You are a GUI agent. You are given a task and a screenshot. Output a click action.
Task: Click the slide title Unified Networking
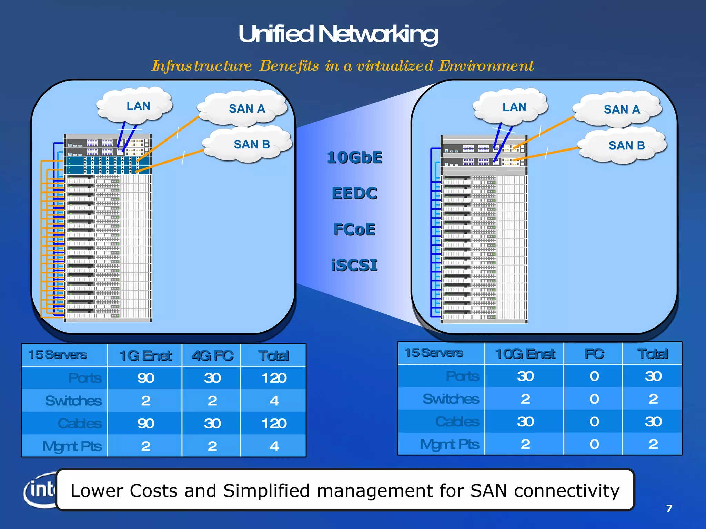(x=338, y=34)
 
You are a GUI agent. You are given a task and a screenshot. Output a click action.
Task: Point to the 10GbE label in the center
(x=354, y=157)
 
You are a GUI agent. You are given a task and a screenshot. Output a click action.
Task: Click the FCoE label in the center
(x=354, y=229)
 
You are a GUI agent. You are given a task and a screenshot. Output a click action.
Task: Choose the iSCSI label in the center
(x=354, y=266)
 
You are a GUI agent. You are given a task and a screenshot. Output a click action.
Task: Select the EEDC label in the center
(x=354, y=193)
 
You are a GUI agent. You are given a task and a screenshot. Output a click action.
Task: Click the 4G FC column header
(x=212, y=355)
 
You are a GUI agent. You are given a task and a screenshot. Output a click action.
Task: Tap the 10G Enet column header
(x=525, y=354)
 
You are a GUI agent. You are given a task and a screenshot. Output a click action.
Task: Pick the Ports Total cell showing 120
(x=274, y=378)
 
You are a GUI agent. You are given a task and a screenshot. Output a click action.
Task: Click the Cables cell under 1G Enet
(x=145, y=424)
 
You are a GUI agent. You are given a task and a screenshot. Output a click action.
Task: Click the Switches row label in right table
(x=451, y=399)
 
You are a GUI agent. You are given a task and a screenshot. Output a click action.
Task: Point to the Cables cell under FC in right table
(x=594, y=422)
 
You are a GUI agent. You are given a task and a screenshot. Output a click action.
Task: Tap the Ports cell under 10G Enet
(x=525, y=376)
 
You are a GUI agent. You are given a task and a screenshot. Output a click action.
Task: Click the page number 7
(x=669, y=508)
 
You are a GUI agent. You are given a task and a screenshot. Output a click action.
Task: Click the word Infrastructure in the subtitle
(x=202, y=66)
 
